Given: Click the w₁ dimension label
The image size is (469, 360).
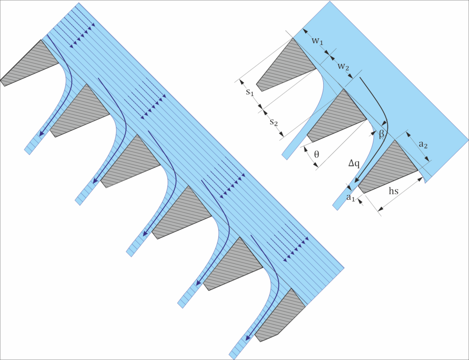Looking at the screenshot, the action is [x=318, y=41].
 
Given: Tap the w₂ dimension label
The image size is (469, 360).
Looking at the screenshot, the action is [x=343, y=67].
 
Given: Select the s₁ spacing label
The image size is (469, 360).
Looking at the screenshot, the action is [x=250, y=92].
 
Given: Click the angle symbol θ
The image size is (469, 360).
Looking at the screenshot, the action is [x=317, y=154].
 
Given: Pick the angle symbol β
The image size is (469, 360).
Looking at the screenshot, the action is [x=381, y=134].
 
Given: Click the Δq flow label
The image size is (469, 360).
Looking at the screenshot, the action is [x=354, y=164].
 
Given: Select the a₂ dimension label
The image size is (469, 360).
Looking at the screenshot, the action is [x=423, y=145].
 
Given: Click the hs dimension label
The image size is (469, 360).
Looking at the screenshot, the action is [x=393, y=191].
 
